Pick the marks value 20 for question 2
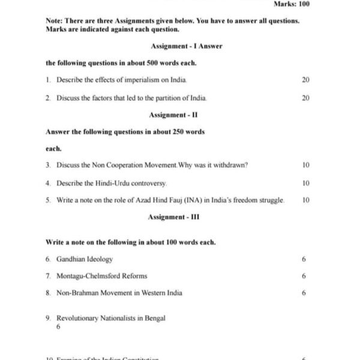[305, 97]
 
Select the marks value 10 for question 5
[306, 200]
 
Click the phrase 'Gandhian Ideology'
[85, 259]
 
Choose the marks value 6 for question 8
[304, 293]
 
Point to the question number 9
[47, 318]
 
